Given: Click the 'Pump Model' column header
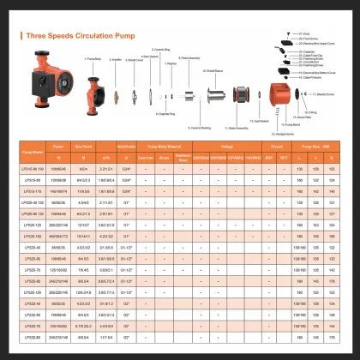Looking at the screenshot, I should [33, 153].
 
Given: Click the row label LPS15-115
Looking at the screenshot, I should [33, 191].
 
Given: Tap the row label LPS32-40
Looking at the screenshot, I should [33, 303].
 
